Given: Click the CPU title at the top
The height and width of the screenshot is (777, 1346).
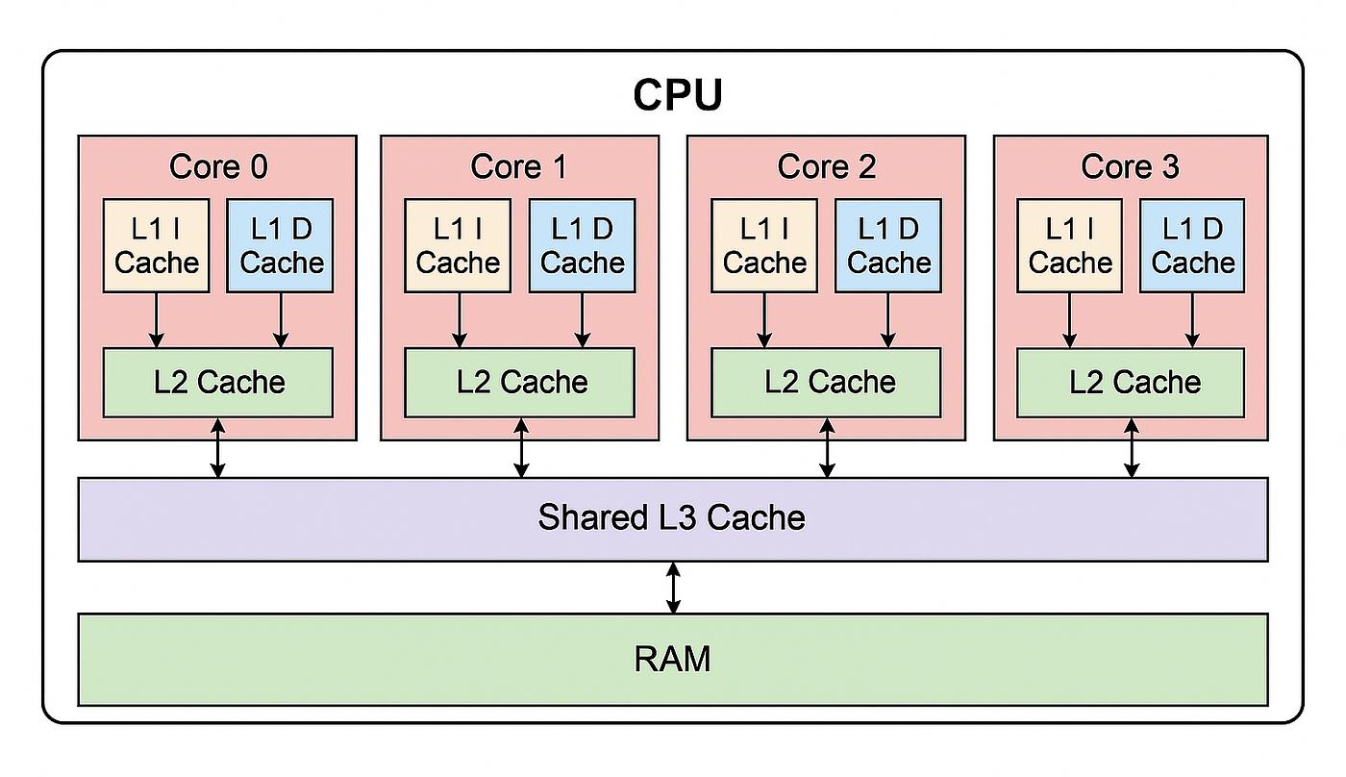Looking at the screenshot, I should pyautogui.click(x=677, y=95).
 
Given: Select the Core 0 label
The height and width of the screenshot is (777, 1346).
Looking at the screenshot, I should pyautogui.click(x=218, y=166).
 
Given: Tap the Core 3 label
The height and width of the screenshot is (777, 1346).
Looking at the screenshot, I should pyautogui.click(x=1130, y=166).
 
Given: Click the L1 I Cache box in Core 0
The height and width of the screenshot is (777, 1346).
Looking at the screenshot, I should pyautogui.click(x=156, y=245).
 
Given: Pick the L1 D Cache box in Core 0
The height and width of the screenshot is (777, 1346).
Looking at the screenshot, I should pyautogui.click(x=281, y=245).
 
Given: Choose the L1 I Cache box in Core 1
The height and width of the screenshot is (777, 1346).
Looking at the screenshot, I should pyautogui.click(x=458, y=245).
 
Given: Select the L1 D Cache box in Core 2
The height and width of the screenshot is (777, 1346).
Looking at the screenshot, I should pyautogui.click(x=888, y=245).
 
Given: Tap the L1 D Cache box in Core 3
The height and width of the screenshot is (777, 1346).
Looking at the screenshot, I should pyautogui.click(x=1192, y=245).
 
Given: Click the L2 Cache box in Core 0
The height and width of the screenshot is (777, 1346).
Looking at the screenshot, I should pyautogui.click(x=218, y=382).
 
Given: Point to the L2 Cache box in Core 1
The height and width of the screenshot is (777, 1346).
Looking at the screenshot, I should pyautogui.click(x=520, y=382).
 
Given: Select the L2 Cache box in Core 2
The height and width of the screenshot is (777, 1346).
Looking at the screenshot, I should pyautogui.click(x=827, y=382).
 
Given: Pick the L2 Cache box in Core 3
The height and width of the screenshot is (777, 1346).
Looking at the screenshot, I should pyautogui.click(x=1131, y=382).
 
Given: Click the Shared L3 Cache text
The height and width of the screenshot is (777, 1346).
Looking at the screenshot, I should pyautogui.click(x=671, y=517).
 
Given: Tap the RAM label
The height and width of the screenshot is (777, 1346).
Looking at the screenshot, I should pyautogui.click(x=672, y=659).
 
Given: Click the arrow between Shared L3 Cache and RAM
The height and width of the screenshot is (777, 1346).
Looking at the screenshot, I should pyautogui.click(x=673, y=588).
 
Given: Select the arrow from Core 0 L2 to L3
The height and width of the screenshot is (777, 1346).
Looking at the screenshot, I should pyautogui.click(x=218, y=447).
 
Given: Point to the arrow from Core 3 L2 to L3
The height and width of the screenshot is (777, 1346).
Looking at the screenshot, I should pyautogui.click(x=1132, y=447).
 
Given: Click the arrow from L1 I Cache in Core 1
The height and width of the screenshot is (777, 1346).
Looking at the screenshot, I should pyautogui.click(x=460, y=319).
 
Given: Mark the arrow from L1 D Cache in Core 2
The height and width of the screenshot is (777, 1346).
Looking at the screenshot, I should pyautogui.click(x=888, y=319).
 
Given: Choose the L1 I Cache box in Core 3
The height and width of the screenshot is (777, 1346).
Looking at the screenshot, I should pyautogui.click(x=1069, y=245).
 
